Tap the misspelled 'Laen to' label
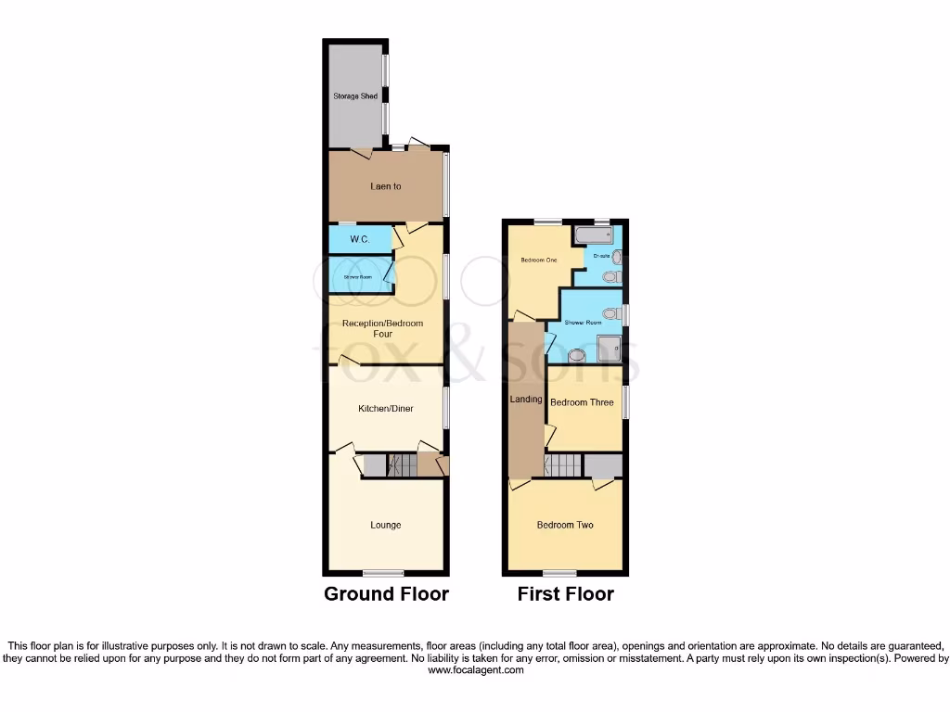pyautogui.click(x=386, y=186)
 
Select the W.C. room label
pyautogui.click(x=360, y=240)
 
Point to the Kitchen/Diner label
pyautogui.click(x=386, y=408)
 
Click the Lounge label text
pyautogui.click(x=386, y=525)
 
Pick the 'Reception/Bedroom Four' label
pyautogui.click(x=382, y=328)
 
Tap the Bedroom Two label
pyautogui.click(x=565, y=525)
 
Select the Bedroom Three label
pyautogui.click(x=582, y=402)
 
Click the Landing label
pyautogui.click(x=526, y=400)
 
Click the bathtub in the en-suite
pyautogui.click(x=588, y=235)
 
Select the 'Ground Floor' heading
pyautogui.click(x=386, y=594)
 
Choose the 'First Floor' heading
pyautogui.click(x=565, y=594)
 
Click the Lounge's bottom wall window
pyautogui.click(x=383, y=571)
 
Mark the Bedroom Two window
pyautogui.click(x=558, y=571)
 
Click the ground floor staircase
pyautogui.click(x=403, y=464)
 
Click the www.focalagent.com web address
pyautogui.click(x=475, y=670)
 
